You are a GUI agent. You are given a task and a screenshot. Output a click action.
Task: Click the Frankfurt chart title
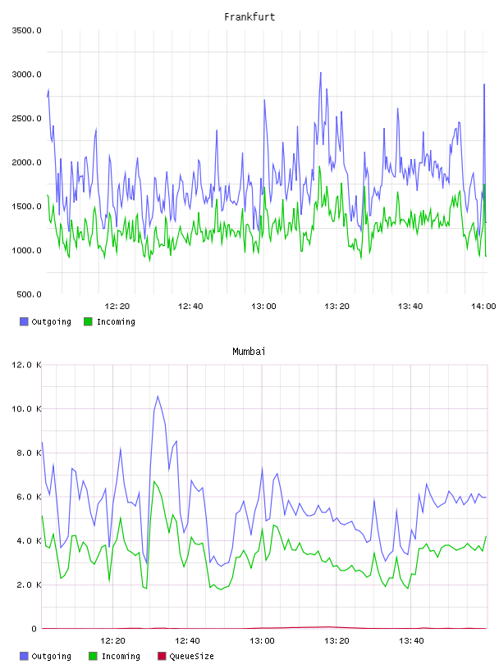coord(249,16)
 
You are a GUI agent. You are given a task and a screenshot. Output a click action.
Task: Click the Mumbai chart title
coord(249,351)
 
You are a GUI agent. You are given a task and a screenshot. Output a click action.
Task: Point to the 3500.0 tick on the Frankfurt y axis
coord(27,30)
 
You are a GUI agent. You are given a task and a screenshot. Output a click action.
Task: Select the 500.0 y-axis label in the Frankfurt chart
coord(29,294)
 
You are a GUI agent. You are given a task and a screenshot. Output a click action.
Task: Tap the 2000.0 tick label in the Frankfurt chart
coord(27,162)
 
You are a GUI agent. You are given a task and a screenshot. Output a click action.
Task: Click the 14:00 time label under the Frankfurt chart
coord(483,306)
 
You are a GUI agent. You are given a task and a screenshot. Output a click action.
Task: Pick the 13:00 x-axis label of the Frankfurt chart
coord(263,306)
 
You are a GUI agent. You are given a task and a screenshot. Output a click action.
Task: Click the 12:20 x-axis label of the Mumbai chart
coord(112,640)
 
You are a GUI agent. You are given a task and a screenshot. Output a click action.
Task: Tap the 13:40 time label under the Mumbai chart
coord(411,640)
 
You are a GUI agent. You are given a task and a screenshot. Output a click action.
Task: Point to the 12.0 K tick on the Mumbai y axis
coord(27,365)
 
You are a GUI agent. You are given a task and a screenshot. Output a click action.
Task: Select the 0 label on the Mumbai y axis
coord(34,629)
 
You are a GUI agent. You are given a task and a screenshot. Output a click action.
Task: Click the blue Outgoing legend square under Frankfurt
coord(24,321)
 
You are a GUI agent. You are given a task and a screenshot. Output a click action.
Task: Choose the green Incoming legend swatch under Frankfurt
coord(88,321)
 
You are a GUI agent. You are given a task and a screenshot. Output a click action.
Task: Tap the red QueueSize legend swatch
coord(162,656)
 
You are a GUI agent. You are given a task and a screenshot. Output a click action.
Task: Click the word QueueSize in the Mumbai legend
coord(191,656)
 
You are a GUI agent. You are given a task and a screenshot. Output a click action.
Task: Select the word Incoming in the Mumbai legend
coord(121,656)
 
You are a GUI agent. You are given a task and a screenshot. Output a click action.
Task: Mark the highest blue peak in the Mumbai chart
coord(158,396)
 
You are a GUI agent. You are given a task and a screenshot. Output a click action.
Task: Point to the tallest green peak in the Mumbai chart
coord(154,482)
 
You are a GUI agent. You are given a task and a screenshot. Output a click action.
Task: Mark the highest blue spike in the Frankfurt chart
coord(320,73)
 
